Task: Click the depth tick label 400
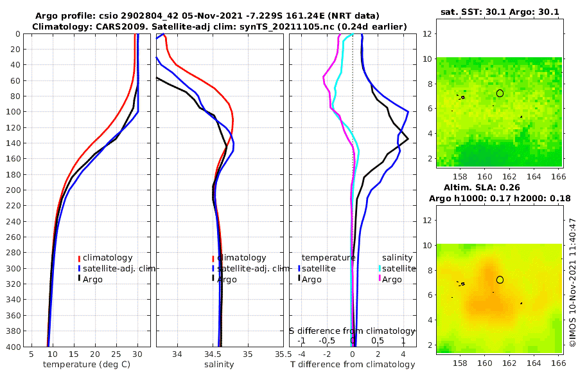point(13,347)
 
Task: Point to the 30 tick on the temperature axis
point(137,354)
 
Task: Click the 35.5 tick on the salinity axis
point(279,354)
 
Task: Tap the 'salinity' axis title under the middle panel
point(219,365)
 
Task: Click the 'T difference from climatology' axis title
point(353,365)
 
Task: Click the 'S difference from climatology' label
point(352,331)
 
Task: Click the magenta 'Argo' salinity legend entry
point(392,279)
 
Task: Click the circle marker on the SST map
point(500,93)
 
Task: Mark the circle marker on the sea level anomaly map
point(500,280)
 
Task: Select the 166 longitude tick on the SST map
point(557,176)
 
